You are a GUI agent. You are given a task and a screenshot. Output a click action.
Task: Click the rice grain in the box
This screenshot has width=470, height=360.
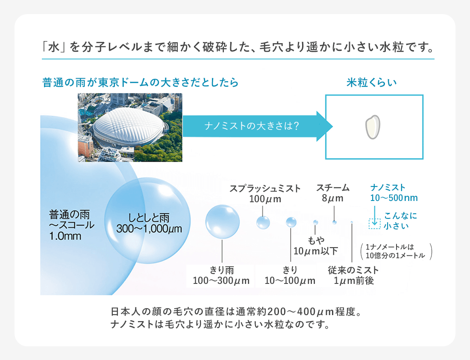coord(373,127)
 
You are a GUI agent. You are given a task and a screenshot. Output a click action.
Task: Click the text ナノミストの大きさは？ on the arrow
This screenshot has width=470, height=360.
coord(252,126)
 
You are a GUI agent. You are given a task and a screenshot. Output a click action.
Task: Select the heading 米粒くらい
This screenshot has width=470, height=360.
coord(371,82)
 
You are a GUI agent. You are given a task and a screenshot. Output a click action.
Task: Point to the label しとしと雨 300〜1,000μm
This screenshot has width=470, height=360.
coord(149,223)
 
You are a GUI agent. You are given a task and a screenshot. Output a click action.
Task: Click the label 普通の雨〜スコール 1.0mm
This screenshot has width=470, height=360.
coord(71,225)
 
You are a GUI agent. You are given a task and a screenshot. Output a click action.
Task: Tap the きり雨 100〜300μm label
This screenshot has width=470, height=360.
coord(221,275)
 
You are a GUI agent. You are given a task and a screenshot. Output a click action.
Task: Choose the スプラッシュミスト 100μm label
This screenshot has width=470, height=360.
coord(265,194)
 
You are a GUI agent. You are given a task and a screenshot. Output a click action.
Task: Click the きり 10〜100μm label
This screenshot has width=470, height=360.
coord(290,275)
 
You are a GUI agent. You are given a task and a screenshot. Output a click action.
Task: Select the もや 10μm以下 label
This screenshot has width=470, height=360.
coord(316,245)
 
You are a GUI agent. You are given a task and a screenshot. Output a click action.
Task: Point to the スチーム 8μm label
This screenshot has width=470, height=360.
coord(333,193)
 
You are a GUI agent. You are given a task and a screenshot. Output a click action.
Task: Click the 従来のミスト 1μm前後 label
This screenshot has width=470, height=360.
coord(353,275)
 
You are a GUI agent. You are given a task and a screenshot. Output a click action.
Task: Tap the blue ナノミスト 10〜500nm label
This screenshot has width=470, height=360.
coord(394,192)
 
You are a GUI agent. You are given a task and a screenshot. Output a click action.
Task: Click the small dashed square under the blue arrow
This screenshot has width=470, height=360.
coord(374,224)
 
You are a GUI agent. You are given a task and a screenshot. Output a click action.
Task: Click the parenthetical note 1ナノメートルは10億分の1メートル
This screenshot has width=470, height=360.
coord(396,251)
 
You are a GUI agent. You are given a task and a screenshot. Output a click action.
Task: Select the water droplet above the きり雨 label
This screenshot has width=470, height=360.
coord(223,222)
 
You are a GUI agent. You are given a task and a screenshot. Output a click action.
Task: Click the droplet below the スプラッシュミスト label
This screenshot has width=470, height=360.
coord(263,223)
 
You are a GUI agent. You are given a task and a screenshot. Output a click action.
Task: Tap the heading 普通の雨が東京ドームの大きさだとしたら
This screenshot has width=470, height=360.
coord(140,82)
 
